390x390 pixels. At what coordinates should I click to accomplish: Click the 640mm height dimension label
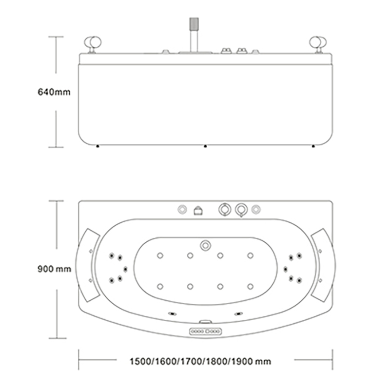pos(54,92)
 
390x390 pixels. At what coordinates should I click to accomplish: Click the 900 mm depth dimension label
pos(54,269)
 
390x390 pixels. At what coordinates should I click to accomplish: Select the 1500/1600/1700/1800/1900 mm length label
pos(200,361)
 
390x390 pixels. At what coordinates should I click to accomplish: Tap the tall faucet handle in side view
pos(194,35)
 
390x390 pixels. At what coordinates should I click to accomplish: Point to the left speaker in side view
pos(93,45)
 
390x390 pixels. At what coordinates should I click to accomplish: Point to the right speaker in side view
pos(318,45)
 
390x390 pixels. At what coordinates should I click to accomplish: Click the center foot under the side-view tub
pos(205,146)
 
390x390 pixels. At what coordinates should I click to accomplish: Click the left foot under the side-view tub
pos(97,146)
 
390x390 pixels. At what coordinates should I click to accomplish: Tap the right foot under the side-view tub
pos(313,146)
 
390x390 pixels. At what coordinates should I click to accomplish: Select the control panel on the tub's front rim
pos(205,331)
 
